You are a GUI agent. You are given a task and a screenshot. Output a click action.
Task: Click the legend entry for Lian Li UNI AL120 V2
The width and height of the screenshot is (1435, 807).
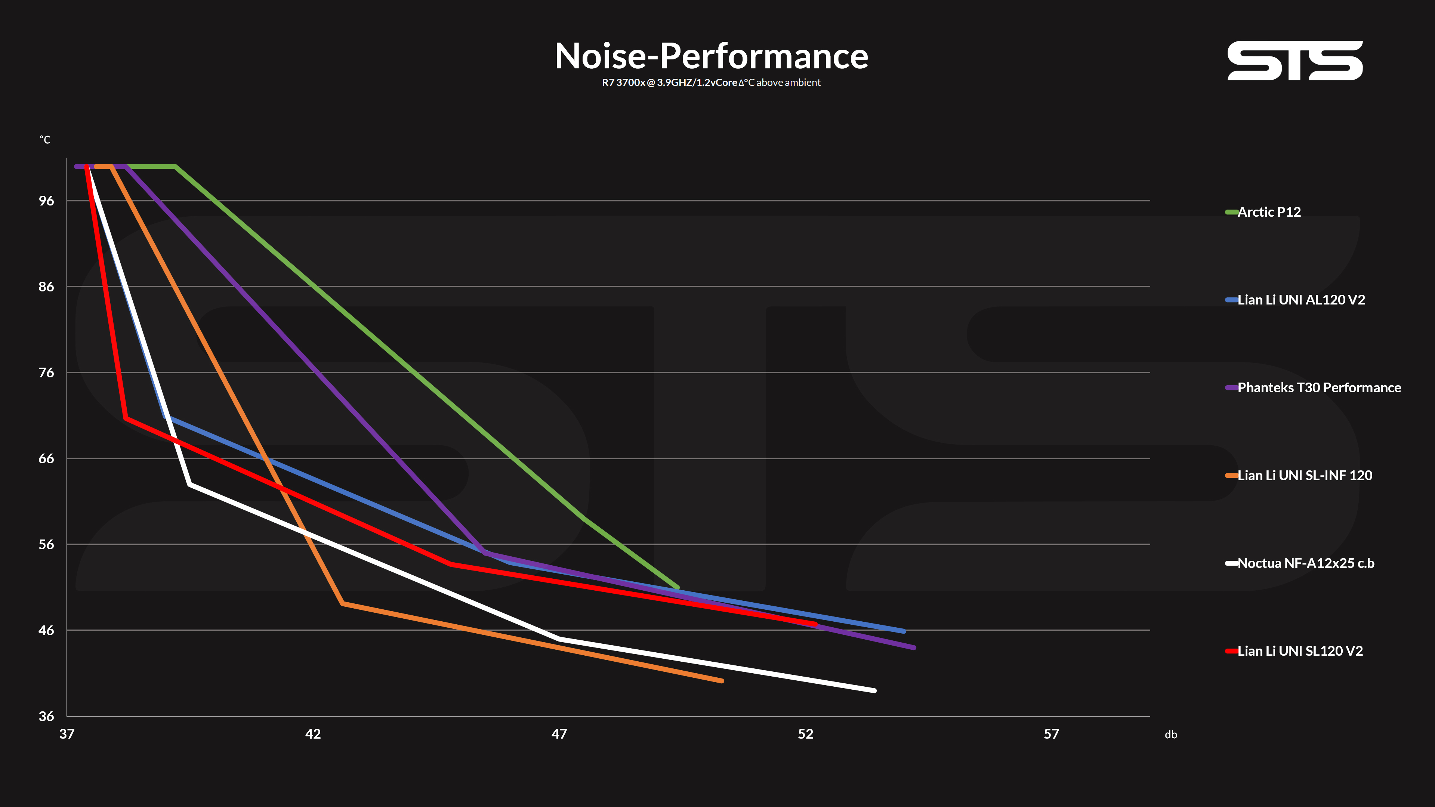[1295, 300]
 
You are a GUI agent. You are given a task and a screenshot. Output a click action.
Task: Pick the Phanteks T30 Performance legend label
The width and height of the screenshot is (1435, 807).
[1313, 388]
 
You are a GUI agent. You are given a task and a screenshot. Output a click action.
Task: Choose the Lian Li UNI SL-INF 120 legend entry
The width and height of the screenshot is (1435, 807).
[1299, 476]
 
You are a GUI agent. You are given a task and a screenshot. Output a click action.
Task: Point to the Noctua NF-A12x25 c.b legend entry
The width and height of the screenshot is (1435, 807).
[1300, 563]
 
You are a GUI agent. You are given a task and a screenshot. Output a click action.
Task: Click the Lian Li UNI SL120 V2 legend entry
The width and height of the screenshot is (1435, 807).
[1294, 651]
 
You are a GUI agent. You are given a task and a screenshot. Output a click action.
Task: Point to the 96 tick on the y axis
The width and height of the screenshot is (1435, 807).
[46, 201]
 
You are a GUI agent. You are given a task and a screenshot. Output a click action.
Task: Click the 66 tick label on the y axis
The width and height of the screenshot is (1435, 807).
[46, 458]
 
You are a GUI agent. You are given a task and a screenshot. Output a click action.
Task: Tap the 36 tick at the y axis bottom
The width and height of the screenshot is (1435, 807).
[46, 716]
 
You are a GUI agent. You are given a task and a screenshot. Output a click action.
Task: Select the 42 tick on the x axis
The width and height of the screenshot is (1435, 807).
[313, 734]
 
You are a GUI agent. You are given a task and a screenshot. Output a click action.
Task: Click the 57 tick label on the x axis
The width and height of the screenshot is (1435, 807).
[1051, 734]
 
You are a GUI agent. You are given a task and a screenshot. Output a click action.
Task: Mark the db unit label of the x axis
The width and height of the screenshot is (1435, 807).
[1171, 735]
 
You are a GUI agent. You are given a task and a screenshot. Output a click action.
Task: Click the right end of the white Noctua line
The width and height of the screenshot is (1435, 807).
[874, 690]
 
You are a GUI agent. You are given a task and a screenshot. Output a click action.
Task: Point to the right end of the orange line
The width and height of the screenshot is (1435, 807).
[722, 681]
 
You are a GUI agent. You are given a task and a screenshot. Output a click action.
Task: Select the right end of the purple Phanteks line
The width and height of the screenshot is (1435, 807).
[914, 648]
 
